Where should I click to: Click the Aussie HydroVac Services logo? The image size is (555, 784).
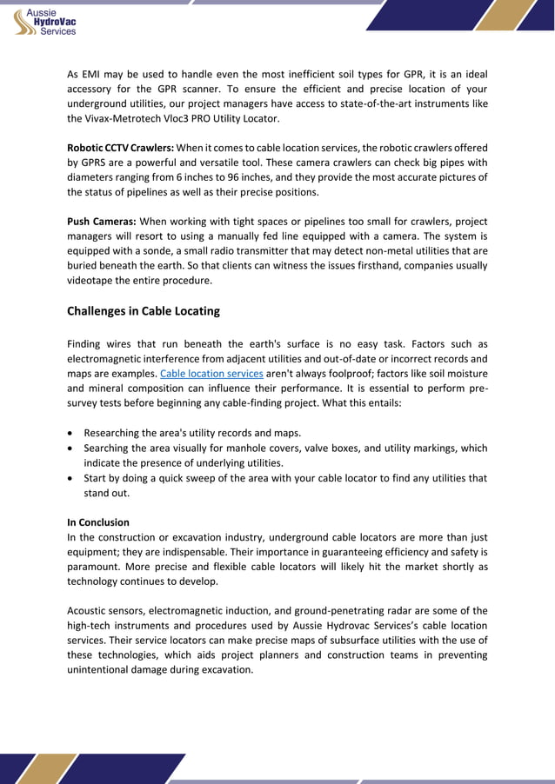click(x=48, y=19)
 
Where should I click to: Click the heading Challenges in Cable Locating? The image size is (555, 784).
click(x=144, y=311)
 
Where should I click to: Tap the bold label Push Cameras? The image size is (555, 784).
click(x=101, y=221)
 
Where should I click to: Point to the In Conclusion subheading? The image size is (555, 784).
click(x=98, y=522)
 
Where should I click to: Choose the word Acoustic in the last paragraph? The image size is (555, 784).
click(x=89, y=611)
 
